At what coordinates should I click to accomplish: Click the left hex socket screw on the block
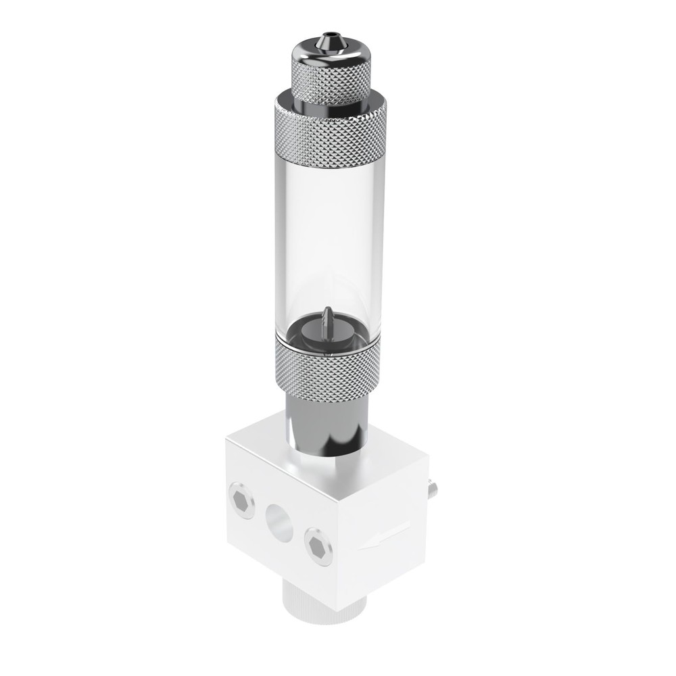click(242, 500)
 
